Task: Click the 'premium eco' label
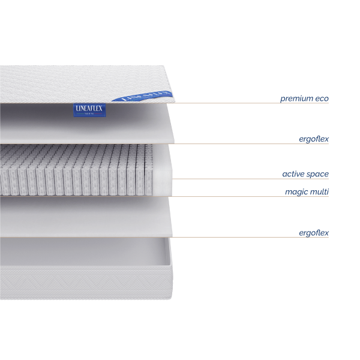pos(304,98)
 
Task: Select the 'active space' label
pos(305,174)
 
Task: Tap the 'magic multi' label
pos(307,192)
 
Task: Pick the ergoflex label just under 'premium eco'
pos(314,139)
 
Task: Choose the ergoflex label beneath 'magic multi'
pos(314,232)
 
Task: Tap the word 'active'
pos(293,174)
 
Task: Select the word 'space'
pos(318,175)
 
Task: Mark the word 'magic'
pos(296,192)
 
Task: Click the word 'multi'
pos(320,192)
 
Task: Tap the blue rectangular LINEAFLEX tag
pos(89,109)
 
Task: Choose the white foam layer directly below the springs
pos(84,216)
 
